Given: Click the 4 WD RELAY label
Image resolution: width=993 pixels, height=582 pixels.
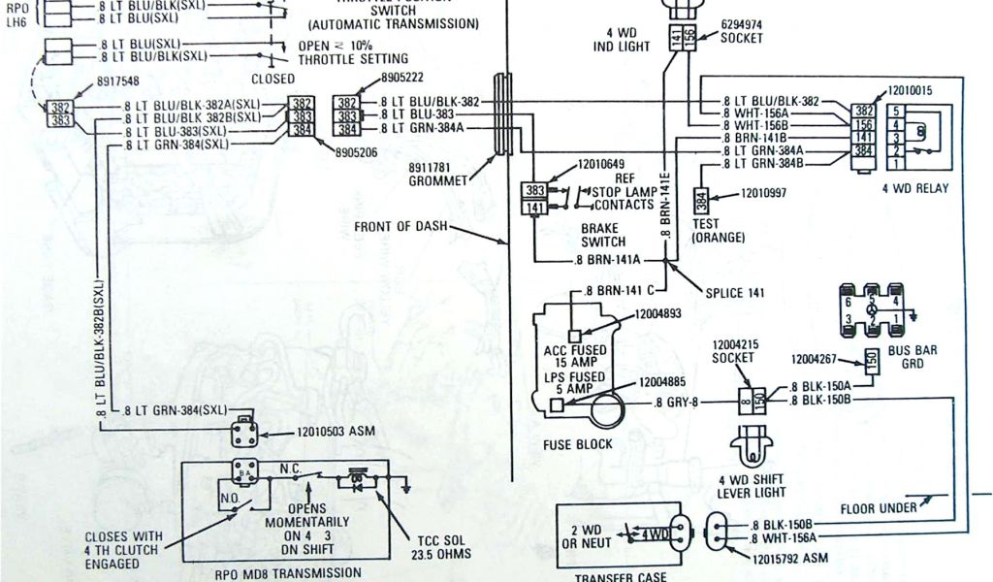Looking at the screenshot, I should click(914, 187).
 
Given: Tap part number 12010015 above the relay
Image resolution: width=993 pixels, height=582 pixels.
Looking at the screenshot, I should click(910, 90).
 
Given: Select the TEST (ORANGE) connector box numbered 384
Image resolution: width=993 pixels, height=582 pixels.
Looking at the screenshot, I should click(701, 202).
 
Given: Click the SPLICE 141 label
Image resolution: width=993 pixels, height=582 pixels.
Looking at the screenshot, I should click(738, 293).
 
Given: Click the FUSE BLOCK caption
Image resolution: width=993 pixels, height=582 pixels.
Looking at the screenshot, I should click(578, 444).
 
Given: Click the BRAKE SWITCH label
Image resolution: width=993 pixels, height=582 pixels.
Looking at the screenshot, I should click(603, 235).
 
